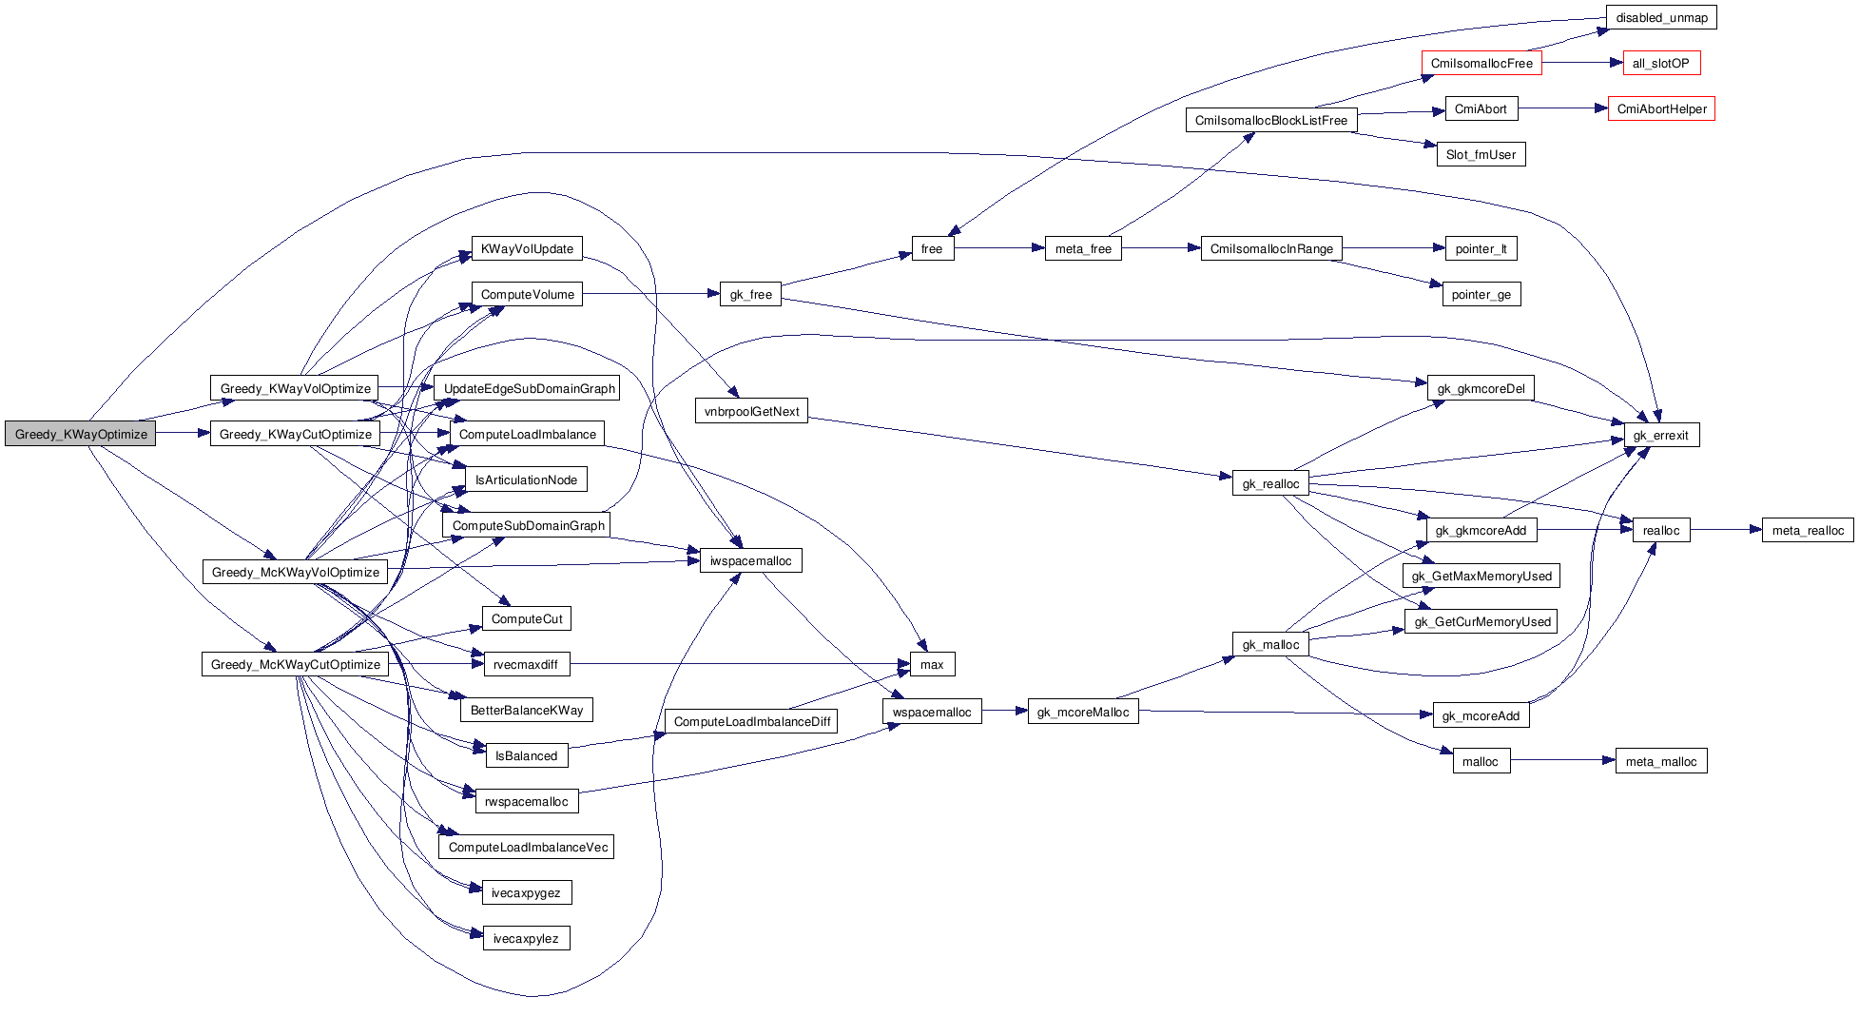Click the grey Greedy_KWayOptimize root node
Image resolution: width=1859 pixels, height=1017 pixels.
click(x=81, y=434)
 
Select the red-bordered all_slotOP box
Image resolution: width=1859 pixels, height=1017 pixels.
click(x=1660, y=64)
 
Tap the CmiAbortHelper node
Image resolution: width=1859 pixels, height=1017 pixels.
click(x=1661, y=109)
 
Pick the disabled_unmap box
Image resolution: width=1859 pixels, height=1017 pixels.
click(x=1661, y=18)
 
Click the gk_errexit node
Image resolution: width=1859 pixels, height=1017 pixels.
click(x=1660, y=436)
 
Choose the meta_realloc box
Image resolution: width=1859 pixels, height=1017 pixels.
click(x=1807, y=531)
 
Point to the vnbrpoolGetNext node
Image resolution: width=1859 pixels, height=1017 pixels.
click(x=751, y=412)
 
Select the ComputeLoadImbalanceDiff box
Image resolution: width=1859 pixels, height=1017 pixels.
click(x=751, y=722)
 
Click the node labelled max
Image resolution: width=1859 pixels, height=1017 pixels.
click(x=932, y=665)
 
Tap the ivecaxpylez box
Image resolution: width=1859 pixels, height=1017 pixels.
click(x=526, y=939)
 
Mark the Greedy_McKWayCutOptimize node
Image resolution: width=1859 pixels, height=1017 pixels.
click(x=295, y=665)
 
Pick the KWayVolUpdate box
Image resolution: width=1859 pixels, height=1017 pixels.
click(x=527, y=249)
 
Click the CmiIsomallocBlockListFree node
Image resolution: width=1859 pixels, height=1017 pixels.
click(x=1270, y=121)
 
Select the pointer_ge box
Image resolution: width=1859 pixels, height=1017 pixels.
click(x=1481, y=295)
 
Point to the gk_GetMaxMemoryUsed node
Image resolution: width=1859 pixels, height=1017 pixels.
click(x=1481, y=577)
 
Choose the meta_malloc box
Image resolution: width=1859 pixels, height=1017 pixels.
click(x=1660, y=762)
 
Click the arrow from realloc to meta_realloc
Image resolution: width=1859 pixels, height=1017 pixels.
click(x=1726, y=531)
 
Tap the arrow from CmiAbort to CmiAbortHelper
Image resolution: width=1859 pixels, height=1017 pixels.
click(x=1562, y=109)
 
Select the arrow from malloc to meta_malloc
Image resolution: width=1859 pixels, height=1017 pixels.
click(x=1562, y=761)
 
